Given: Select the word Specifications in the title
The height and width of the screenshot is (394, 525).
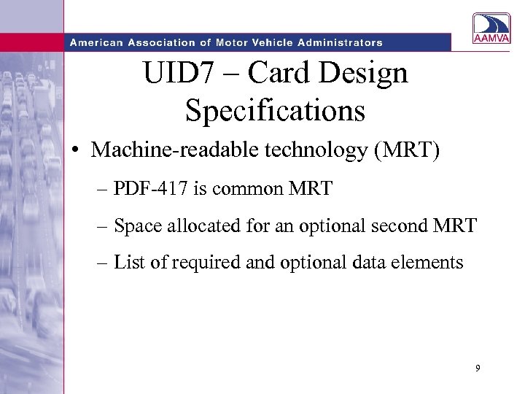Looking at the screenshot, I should [275, 110].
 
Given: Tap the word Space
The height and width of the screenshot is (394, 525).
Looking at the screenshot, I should [135, 225].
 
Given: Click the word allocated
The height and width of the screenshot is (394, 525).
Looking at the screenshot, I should [188, 225].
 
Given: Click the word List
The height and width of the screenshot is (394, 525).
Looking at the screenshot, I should [130, 262].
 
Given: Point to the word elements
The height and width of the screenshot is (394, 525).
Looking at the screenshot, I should [430, 262].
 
